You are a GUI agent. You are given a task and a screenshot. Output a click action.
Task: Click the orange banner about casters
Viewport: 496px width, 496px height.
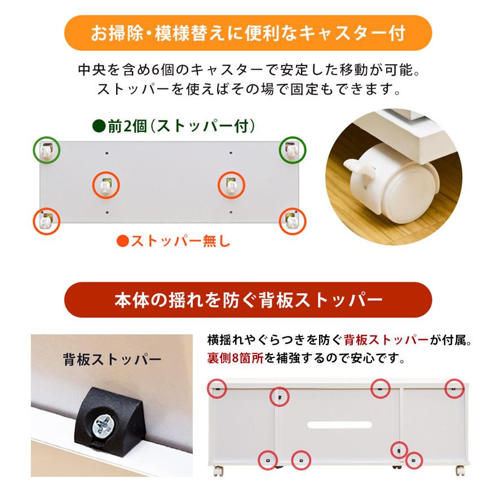pyautogui.click(x=248, y=33)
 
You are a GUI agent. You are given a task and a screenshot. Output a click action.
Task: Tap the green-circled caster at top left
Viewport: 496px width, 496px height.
pyautogui.click(x=47, y=149)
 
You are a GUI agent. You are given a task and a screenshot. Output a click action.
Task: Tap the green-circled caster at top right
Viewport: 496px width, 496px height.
pyautogui.click(x=293, y=149)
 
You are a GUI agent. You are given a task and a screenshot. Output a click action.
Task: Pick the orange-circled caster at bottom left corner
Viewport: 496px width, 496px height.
pyautogui.click(x=47, y=221)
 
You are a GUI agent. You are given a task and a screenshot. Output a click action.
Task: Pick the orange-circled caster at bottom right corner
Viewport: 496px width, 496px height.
pyautogui.click(x=292, y=221)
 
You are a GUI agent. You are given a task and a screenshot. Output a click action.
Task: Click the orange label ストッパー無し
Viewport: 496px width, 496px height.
pyautogui.click(x=173, y=242)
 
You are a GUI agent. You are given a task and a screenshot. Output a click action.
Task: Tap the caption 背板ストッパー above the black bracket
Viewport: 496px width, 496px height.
pyautogui.click(x=112, y=359)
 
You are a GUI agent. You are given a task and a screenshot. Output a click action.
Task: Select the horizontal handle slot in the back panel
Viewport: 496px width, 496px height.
pyautogui.click(x=339, y=423)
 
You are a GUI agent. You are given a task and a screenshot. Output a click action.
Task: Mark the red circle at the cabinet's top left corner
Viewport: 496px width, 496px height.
pyautogui.click(x=218, y=388)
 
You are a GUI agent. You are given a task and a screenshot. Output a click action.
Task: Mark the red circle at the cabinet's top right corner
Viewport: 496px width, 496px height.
pyautogui.click(x=455, y=388)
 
